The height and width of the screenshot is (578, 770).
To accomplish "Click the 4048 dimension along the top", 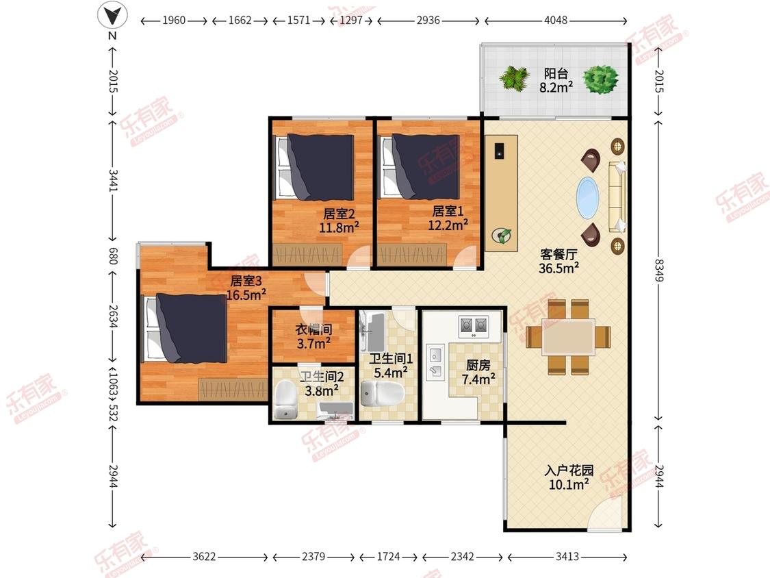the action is [555, 21].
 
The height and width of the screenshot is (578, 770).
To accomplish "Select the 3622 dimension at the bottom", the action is [204, 557].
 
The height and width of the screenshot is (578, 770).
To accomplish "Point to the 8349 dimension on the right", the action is [659, 270].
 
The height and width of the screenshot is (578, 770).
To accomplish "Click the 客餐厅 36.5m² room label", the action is [559, 262].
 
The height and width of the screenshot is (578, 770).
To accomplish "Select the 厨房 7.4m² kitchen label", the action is [478, 372].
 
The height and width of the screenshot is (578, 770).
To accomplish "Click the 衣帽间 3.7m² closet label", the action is [313, 337].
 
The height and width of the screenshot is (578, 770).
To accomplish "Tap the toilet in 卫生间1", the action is [382, 392].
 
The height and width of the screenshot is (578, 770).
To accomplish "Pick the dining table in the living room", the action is [568, 337].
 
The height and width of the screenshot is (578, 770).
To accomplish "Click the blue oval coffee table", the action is [587, 198].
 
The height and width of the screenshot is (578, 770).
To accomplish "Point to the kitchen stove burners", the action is [474, 325].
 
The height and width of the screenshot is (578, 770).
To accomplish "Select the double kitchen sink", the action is [435, 362].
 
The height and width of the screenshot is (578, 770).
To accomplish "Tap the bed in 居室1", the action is [420, 167].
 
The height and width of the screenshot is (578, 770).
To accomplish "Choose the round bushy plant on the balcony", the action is [600, 79].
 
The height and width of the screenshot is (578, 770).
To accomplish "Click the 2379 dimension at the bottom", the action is [313, 557].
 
